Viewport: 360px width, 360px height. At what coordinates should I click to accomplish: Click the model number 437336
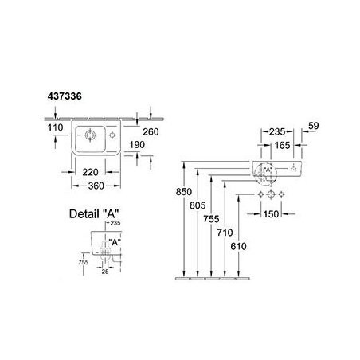tap(65, 96)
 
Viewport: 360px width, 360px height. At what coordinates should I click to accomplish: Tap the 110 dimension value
tap(56, 127)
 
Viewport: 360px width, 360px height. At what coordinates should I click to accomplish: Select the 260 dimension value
tap(151, 131)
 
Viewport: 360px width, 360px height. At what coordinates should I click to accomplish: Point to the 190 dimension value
tap(137, 145)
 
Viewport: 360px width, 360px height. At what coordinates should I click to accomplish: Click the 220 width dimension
tap(90, 172)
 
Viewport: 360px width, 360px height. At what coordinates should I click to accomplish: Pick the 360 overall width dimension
tap(96, 186)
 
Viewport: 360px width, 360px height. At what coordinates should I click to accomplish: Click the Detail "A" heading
tap(94, 213)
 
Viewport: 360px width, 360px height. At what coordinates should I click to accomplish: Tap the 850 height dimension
tap(184, 192)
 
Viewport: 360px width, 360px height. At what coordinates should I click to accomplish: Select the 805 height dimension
tap(198, 205)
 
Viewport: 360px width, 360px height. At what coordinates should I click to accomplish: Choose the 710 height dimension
tap(225, 233)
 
